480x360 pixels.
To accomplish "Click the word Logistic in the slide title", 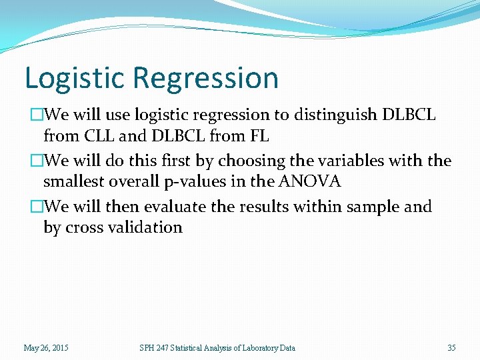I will tap(75, 78).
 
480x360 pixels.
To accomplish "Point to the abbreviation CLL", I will tap(98, 137).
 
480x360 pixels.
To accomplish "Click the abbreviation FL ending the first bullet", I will tap(259, 137).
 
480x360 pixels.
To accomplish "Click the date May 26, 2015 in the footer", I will tap(46, 347).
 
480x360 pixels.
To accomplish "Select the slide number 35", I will tap(451, 347).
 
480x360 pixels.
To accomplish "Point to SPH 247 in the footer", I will tap(153, 347).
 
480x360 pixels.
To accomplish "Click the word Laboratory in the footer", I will tap(249, 347).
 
